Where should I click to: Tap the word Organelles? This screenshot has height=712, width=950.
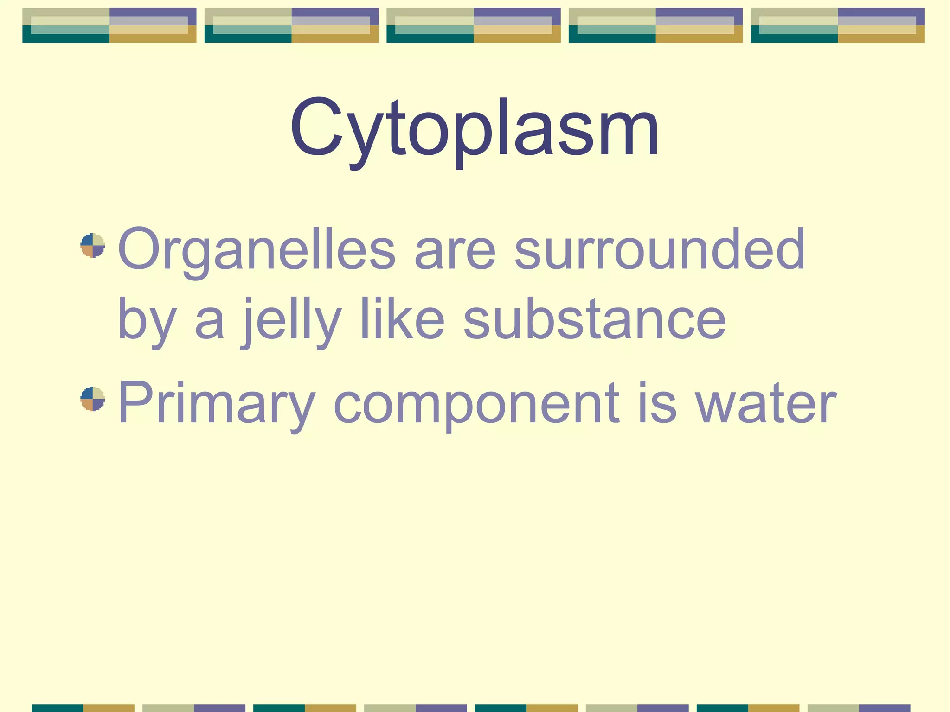pyautogui.click(x=257, y=250)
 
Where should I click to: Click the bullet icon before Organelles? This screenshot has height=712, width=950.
pyautogui.click(x=93, y=246)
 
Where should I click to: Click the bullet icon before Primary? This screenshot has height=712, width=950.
pyautogui.click(x=93, y=399)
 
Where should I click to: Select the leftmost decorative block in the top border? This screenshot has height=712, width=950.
pyautogui.click(x=109, y=25)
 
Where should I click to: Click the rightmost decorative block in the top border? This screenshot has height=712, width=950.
pyautogui.click(x=838, y=25)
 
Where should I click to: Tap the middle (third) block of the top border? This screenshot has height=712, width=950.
pyautogui.click(x=474, y=25)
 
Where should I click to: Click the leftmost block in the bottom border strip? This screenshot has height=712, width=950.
pyautogui.click(x=83, y=708)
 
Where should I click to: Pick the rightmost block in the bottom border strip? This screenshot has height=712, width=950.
pyautogui.click(x=859, y=708)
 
